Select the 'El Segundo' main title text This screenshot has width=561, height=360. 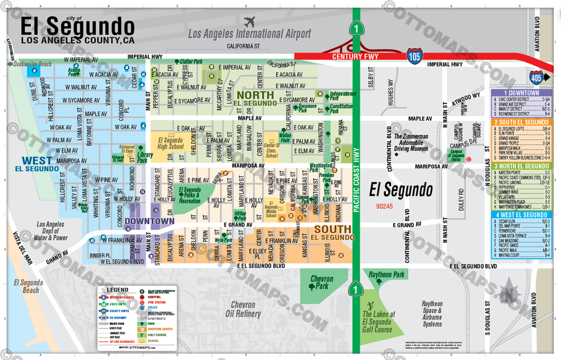[77, 26]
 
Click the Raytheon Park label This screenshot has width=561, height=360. [387, 275]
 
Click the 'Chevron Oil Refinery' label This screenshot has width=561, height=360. [242, 309]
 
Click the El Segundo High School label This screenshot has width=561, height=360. [170, 143]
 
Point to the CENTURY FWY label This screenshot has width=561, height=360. [354, 57]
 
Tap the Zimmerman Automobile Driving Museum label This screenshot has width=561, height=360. [419, 141]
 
